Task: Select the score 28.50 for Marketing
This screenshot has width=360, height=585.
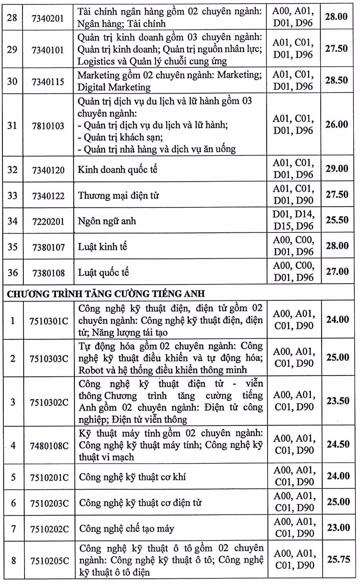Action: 336,80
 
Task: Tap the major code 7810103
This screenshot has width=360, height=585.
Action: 48,126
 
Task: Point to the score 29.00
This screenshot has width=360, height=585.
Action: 337,169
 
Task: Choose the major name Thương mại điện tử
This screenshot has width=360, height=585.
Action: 119,196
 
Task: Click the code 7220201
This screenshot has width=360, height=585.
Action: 48,221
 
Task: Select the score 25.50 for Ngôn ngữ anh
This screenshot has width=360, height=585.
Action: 337,220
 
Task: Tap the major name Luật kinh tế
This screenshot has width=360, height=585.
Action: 103,247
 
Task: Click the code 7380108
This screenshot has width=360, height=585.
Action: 48,273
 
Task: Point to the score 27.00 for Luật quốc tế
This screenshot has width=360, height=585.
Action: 337,272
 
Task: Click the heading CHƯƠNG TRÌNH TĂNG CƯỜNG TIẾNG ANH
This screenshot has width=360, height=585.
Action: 106,294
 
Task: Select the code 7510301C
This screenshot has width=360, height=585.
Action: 49,321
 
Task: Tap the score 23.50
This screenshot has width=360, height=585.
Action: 338,401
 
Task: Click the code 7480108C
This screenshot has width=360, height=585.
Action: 49,445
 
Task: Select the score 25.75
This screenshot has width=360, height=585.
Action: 338,559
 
